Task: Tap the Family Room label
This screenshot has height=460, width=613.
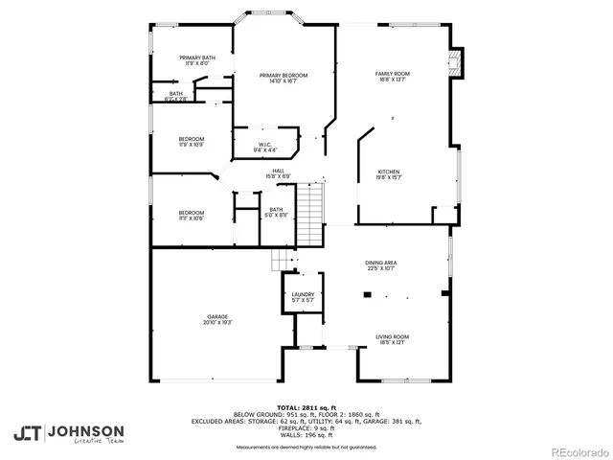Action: coord(392,74)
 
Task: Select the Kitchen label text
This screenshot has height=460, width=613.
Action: coord(388,170)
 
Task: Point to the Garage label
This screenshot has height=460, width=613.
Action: coord(217,316)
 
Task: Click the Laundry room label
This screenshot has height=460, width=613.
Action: coord(303,294)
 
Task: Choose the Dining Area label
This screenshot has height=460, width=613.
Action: coord(380,263)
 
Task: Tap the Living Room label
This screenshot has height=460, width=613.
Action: coord(392,336)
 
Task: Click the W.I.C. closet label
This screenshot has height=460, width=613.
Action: coord(265,145)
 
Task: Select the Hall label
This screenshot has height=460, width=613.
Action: coord(278,171)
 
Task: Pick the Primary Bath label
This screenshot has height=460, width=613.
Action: coord(196,58)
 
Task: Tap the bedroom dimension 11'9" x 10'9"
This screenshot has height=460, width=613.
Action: coord(191,145)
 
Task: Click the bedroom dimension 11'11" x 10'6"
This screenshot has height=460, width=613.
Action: coord(191,218)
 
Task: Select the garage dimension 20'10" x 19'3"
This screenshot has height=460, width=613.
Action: coord(217,323)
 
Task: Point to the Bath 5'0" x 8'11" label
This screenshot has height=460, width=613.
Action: coord(276,212)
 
